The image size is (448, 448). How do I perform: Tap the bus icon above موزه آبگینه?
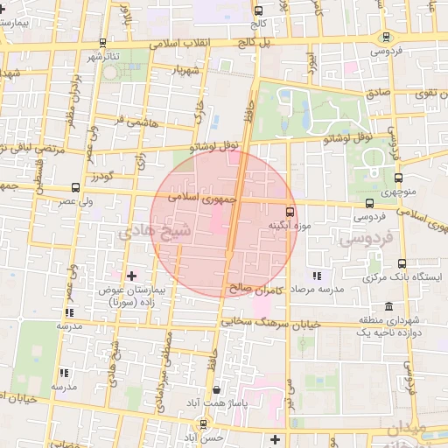click(x=290, y=211)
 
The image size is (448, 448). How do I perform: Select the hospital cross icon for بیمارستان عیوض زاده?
click(x=131, y=276)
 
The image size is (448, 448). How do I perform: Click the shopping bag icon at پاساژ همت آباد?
click(x=216, y=390)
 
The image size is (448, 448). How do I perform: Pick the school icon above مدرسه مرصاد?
click(x=317, y=276)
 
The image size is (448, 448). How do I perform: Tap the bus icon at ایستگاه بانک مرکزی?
click(x=402, y=263)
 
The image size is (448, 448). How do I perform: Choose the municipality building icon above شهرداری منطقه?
click(x=402, y=307)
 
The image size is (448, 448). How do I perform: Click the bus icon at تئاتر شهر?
click(x=103, y=42)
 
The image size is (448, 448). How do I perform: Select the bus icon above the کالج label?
click(x=257, y=11)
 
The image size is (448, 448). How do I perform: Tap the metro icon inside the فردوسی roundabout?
click(x=386, y=37)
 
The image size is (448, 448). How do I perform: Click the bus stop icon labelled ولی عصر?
click(x=74, y=187)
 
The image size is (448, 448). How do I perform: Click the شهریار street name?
click(x=187, y=69)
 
